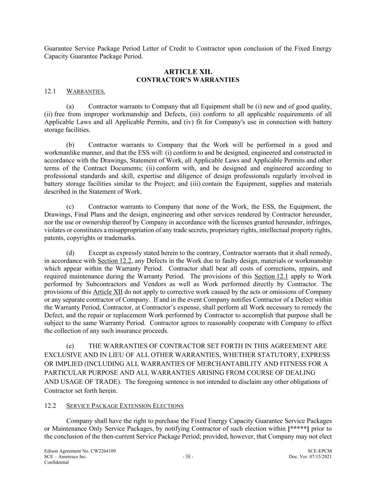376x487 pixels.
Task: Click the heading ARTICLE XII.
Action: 188,72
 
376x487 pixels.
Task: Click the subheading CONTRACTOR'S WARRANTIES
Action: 188,80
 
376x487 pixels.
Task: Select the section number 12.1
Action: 50,91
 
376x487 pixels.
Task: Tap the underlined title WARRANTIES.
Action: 86,92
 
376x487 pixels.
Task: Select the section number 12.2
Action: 50,406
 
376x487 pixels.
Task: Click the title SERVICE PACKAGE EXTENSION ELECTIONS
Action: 125,406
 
